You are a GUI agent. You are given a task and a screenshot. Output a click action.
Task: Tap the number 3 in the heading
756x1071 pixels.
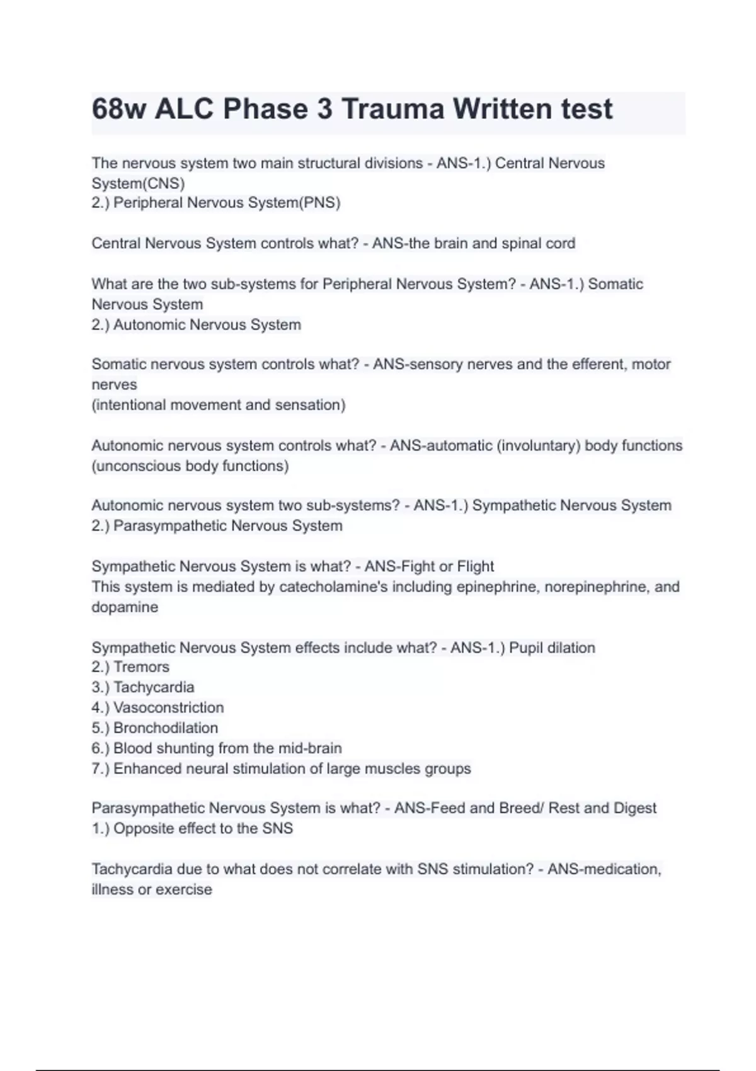coord(324,110)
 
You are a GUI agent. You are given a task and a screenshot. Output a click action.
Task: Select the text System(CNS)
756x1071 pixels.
coord(138,183)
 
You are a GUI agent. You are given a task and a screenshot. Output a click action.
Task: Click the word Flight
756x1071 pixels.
coord(476,566)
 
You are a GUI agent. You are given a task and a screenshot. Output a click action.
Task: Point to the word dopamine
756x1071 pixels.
coord(125,607)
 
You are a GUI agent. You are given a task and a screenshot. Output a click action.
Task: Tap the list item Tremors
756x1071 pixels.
coord(141,667)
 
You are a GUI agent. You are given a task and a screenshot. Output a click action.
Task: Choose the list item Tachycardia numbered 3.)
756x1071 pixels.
coord(154,687)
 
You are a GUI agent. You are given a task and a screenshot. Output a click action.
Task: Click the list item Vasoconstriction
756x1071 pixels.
coord(168,707)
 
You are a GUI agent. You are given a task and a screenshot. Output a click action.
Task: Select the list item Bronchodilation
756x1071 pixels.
coord(166,728)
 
